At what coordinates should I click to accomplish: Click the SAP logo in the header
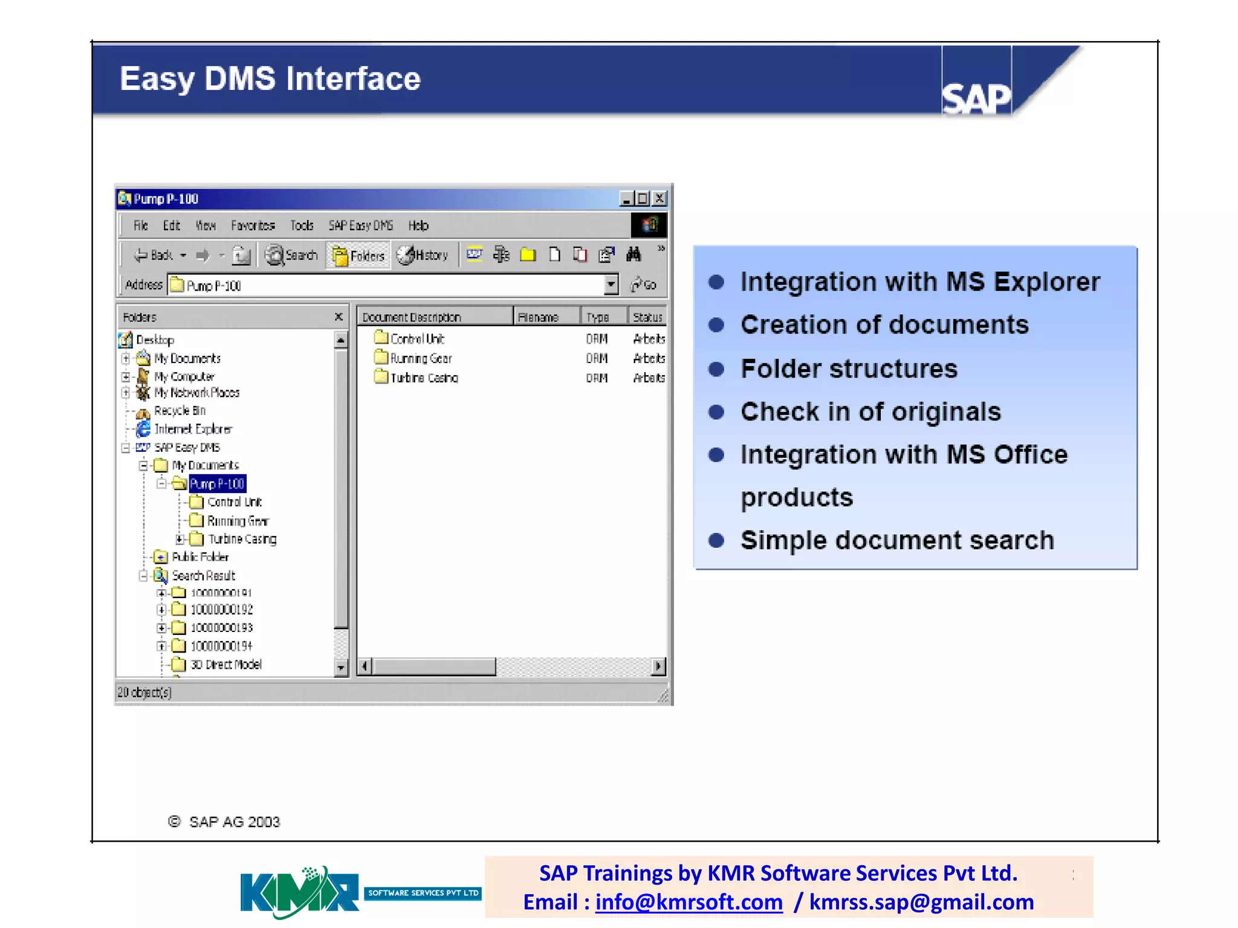tap(976, 97)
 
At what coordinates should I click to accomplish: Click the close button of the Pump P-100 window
tap(660, 198)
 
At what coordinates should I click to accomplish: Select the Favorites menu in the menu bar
tap(253, 225)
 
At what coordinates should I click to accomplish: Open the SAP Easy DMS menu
tap(360, 225)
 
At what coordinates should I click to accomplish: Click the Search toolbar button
tap(292, 256)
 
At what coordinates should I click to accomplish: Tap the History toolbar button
tap(423, 256)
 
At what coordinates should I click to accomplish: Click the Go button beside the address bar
tap(644, 285)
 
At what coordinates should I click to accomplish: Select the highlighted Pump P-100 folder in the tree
tap(216, 484)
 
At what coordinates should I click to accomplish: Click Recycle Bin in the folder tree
tap(180, 411)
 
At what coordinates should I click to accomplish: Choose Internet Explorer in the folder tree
tap(193, 429)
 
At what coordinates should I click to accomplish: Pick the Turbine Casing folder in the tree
tap(242, 539)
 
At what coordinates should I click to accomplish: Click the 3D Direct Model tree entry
tap(225, 665)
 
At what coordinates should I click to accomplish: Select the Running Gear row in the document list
tap(421, 358)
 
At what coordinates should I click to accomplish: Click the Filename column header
tap(538, 317)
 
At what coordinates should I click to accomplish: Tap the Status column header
tap(647, 317)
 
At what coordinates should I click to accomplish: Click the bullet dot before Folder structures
tap(716, 369)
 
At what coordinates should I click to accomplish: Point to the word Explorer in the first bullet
tap(1047, 282)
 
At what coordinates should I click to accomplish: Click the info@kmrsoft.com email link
tap(689, 902)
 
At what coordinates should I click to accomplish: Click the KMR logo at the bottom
tap(300, 892)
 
